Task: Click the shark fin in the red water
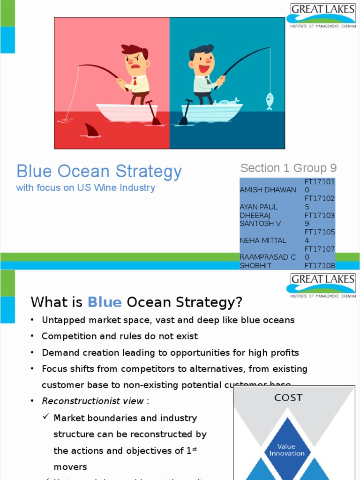tap(92, 130)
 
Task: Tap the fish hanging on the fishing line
tap(270, 101)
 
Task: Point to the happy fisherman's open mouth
tap(204, 68)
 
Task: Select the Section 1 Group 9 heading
tap(288, 168)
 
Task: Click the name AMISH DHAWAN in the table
tap(268, 190)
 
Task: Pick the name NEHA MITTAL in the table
tap(262, 240)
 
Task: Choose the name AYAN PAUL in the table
tap(258, 207)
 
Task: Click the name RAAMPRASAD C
tap(267, 257)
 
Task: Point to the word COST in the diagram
tap(288, 398)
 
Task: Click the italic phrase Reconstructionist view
tap(93, 401)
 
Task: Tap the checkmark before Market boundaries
tap(46, 417)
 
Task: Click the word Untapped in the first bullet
tap(60, 320)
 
